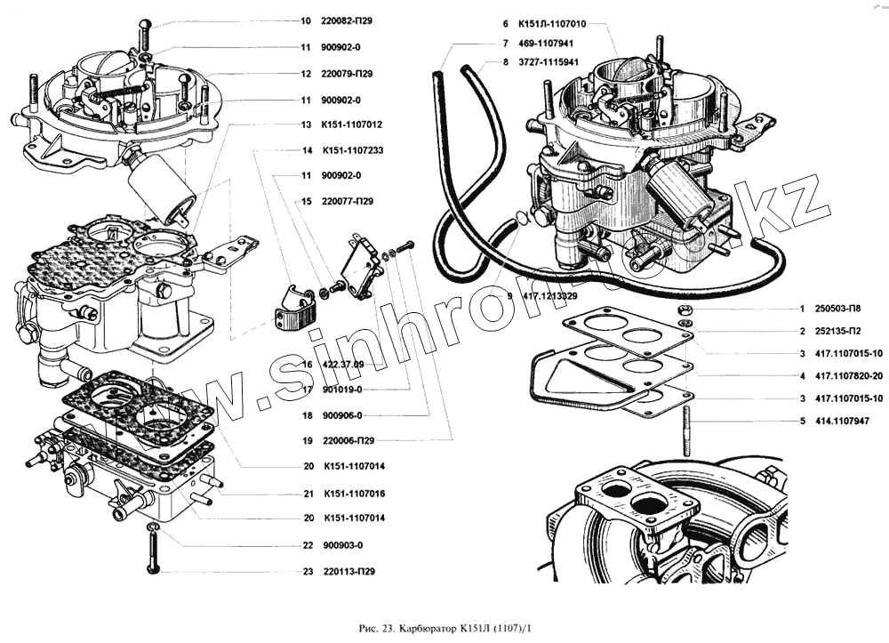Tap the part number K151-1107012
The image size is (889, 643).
coord(352,125)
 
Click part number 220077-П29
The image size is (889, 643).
coord(348,201)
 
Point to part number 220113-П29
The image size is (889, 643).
coord(348,571)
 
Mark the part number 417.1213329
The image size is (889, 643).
coord(551,295)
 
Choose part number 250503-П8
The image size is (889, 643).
coord(839,309)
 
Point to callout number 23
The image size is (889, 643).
coord(306,571)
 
